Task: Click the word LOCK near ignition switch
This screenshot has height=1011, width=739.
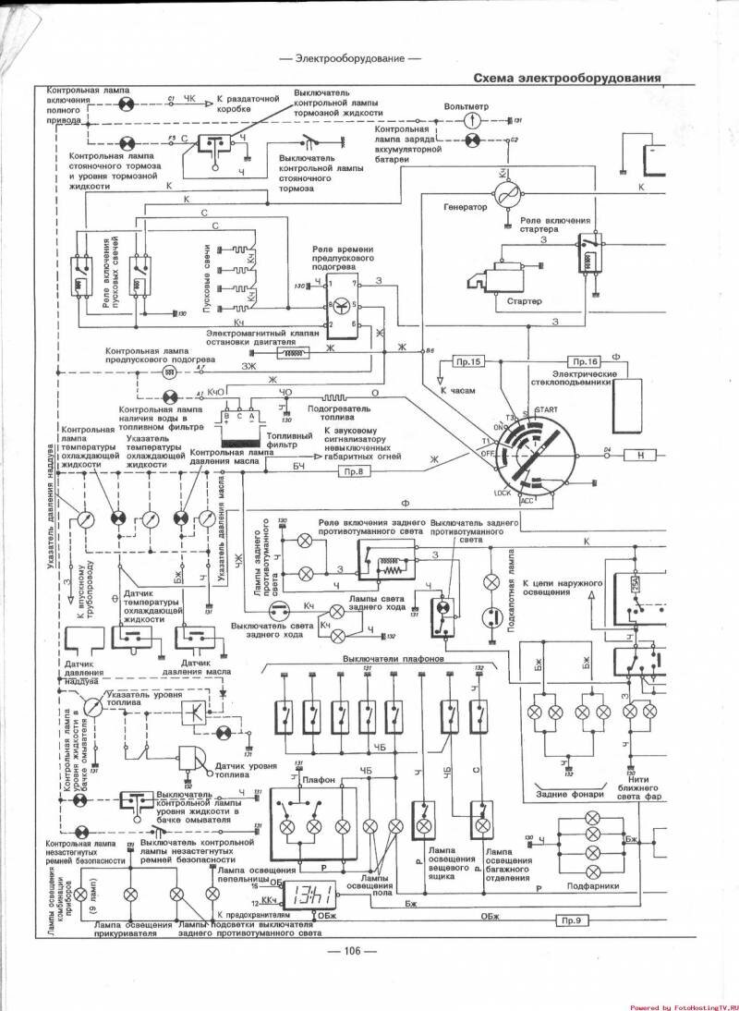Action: [x=503, y=493]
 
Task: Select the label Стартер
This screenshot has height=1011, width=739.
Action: [x=524, y=301]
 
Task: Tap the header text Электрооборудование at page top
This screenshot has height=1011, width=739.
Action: [x=349, y=58]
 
